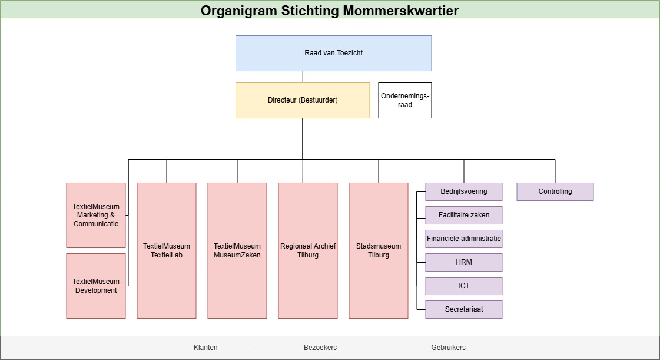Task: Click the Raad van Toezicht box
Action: [333, 53]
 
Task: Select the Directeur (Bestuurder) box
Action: [303, 100]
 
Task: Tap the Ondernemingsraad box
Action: [405, 100]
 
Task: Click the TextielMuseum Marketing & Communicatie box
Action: [96, 215]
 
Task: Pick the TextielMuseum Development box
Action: [96, 286]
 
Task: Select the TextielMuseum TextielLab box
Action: [167, 250]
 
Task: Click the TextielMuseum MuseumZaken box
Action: [237, 250]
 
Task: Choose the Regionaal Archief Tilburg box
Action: [308, 250]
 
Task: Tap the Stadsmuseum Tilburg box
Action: [379, 250]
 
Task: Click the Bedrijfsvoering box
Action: [464, 191]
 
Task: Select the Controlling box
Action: [555, 191]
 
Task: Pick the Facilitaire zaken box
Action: [464, 215]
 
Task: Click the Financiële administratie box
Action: [464, 239]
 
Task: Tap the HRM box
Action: [464, 262]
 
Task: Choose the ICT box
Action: [464, 286]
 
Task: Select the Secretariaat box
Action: [464, 309]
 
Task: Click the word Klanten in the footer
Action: [205, 348]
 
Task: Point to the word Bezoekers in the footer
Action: [320, 348]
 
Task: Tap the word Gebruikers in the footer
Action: [448, 348]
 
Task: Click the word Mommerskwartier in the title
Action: [401, 10]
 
